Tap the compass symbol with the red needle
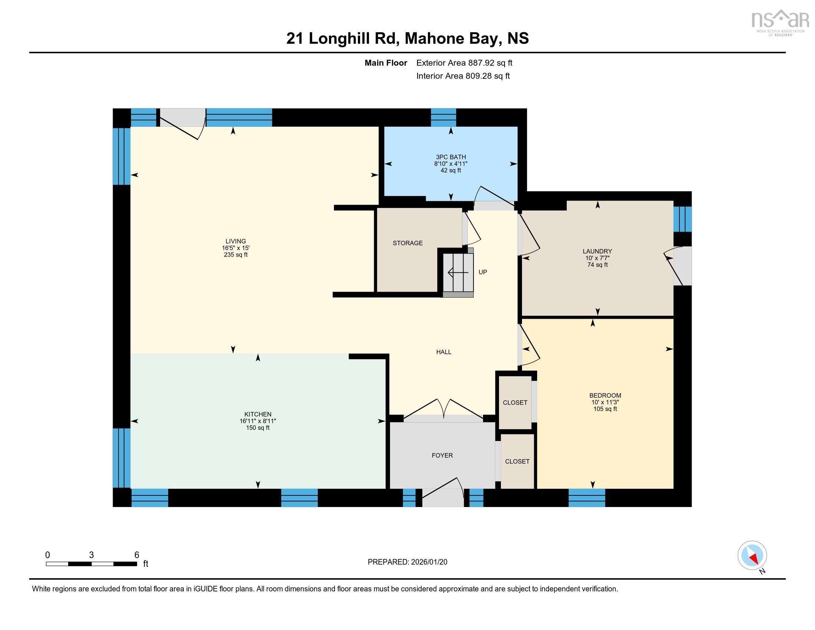click(752, 556)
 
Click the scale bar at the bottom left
click(92, 564)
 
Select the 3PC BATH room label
click(450, 157)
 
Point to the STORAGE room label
click(408, 243)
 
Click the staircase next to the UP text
click(458, 273)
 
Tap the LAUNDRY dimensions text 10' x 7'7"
click(597, 258)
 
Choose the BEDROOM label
click(605, 396)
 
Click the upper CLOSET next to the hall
click(515, 402)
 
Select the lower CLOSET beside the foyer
click(517, 461)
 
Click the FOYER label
click(442, 455)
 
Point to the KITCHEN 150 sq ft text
click(257, 428)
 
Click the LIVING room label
click(236, 241)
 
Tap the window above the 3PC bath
click(443, 117)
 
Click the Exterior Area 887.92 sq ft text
click(464, 63)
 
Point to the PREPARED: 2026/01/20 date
click(407, 562)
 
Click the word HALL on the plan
click(444, 352)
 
